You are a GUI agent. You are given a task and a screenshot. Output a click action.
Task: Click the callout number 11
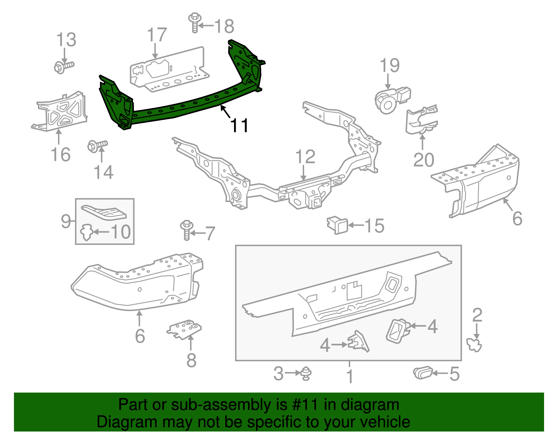point(239,125)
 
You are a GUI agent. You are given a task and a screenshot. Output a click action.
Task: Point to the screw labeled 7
point(187,230)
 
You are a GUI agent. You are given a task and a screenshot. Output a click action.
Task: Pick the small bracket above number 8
point(184,329)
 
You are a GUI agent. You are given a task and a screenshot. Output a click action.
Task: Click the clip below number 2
point(474,344)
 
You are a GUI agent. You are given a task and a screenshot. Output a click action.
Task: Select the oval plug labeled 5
point(423,373)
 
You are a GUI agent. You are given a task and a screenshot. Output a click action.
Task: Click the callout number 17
point(157,35)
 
